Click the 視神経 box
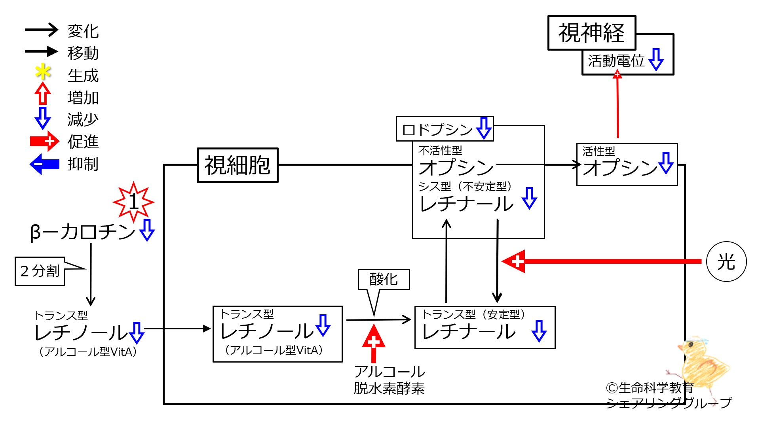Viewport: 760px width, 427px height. [591, 33]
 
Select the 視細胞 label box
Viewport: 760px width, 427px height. [237, 165]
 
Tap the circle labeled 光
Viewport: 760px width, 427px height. [726, 261]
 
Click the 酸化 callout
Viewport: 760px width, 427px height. [384, 280]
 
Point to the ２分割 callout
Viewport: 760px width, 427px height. [40, 271]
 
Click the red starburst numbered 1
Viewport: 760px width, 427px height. [134, 202]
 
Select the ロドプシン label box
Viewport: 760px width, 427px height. [444, 129]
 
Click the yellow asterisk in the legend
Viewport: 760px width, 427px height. [43, 72]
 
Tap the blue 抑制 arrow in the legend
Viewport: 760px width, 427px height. [44, 164]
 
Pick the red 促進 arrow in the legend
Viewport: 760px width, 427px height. [44, 141]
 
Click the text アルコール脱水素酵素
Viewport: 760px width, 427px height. [389, 380]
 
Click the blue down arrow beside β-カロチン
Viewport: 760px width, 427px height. [147, 230]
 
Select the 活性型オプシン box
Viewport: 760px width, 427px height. [627, 164]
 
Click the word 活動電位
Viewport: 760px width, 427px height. [616, 61]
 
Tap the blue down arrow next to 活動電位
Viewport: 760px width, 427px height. [656, 60]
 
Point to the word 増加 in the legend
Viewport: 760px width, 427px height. [83, 98]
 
